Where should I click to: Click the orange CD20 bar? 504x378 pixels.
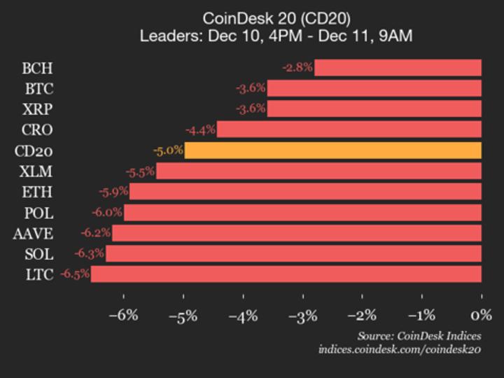(x=332, y=150)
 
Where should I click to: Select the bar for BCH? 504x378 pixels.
(x=398, y=68)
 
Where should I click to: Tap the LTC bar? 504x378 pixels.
(x=286, y=274)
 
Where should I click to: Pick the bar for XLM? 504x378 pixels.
(x=318, y=171)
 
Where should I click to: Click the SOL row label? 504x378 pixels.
(x=38, y=254)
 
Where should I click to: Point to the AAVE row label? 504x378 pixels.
(x=33, y=233)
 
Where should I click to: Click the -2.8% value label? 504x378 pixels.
(x=297, y=68)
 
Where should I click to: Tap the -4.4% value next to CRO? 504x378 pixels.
(x=200, y=130)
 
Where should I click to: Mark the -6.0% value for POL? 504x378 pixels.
(x=107, y=213)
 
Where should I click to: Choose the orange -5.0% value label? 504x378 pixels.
(x=168, y=150)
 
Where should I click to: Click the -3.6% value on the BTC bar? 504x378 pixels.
(x=251, y=89)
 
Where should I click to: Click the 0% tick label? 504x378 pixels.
(x=481, y=315)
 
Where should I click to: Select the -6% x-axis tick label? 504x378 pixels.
(x=124, y=315)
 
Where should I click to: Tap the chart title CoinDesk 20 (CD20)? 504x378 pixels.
(x=276, y=17)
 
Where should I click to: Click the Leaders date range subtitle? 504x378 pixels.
(x=276, y=36)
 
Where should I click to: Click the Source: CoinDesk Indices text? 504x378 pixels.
(x=419, y=335)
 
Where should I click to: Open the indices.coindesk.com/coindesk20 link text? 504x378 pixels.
(x=400, y=349)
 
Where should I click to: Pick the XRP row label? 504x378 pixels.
(x=37, y=109)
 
